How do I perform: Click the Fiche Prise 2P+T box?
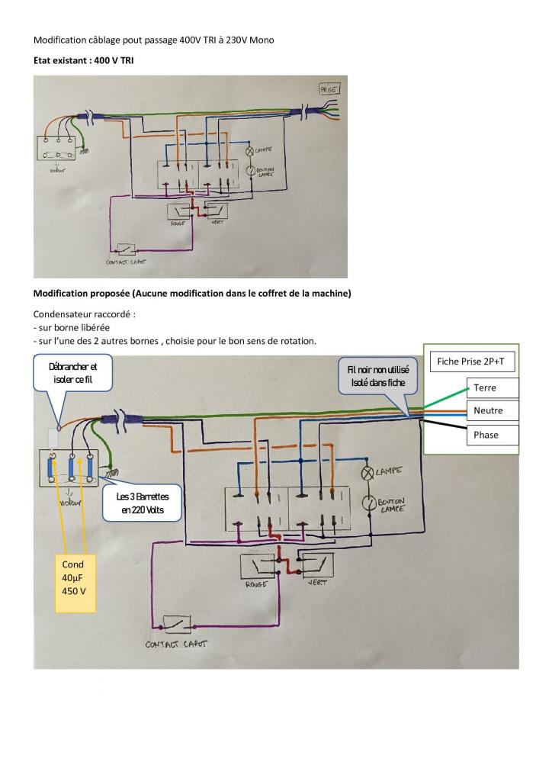(471, 361)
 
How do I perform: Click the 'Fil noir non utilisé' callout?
(378, 376)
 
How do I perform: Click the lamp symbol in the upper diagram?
(249, 152)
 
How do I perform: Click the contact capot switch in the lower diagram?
(177, 625)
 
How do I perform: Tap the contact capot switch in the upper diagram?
(125, 249)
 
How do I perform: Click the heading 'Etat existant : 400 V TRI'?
(84, 60)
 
